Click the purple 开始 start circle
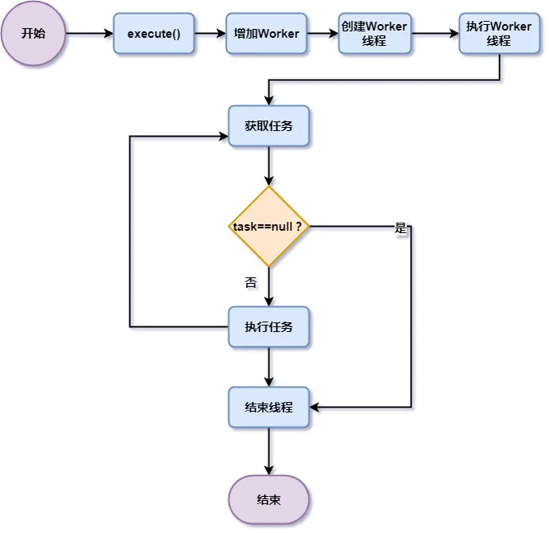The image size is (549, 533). [x=33, y=34]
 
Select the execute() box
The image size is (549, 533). [x=154, y=34]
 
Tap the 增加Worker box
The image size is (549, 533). [x=266, y=34]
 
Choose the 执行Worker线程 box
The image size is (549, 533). [x=498, y=34]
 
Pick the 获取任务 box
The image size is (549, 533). [x=268, y=126]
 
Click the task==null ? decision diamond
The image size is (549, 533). [x=268, y=227]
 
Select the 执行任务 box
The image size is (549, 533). [x=268, y=326]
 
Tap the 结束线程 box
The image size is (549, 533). [x=268, y=408]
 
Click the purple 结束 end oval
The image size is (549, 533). [x=268, y=499]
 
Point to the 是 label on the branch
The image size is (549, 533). [x=401, y=228]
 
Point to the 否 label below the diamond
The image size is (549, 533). [x=251, y=282]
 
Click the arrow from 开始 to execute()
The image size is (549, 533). [x=89, y=34]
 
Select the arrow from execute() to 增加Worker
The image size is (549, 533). [x=210, y=34]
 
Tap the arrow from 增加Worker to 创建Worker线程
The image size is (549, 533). [x=322, y=34]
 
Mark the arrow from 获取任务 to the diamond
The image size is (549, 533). [x=268, y=166]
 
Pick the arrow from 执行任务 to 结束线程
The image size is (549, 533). [x=268, y=367]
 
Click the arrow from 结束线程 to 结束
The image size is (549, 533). [x=268, y=451]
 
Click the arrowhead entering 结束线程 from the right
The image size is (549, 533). [x=316, y=408]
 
